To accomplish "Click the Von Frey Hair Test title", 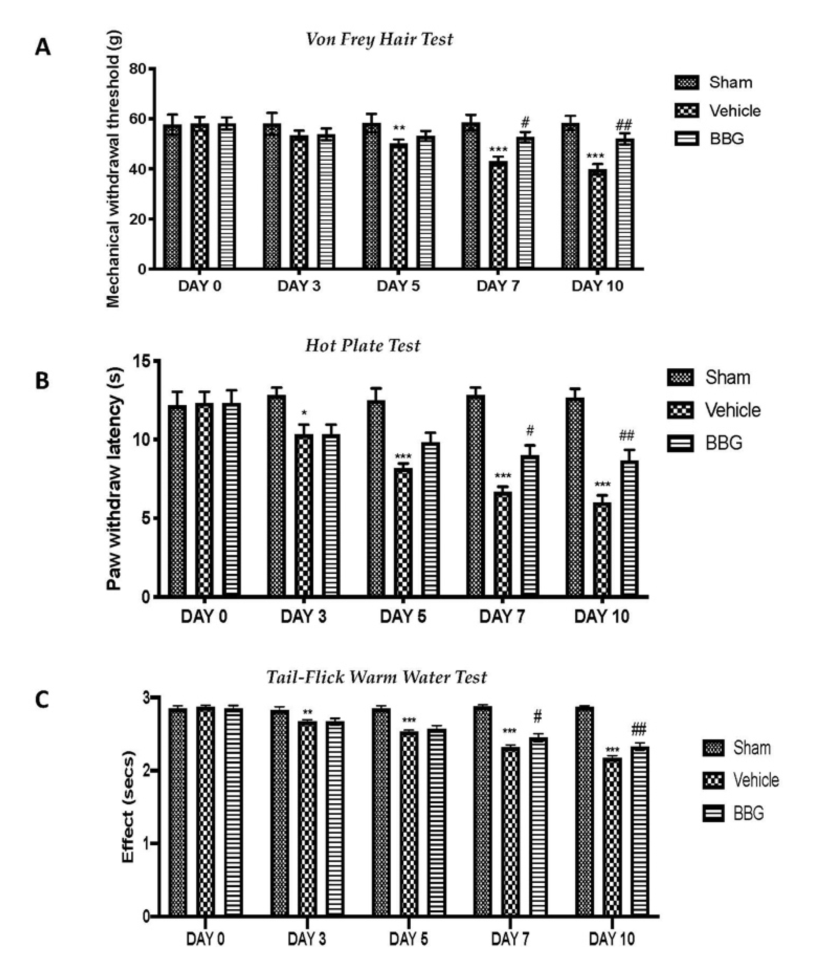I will coord(379,39).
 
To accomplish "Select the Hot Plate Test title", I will coord(363,346).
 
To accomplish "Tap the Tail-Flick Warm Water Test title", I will coord(376,677).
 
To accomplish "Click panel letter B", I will coord(42,381).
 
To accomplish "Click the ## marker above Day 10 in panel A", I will coord(624,125).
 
